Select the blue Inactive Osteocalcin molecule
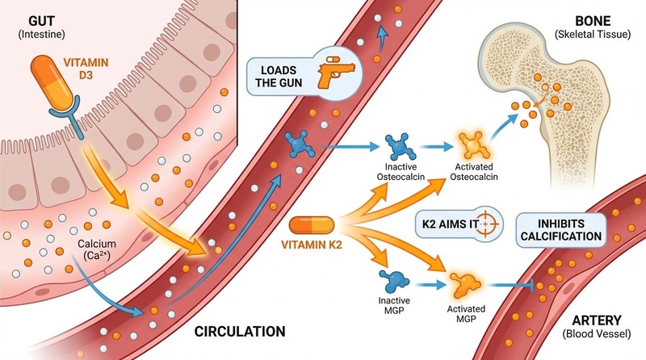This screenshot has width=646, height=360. pyautogui.click(x=398, y=146)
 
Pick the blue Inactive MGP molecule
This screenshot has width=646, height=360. pyautogui.click(x=395, y=281)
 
